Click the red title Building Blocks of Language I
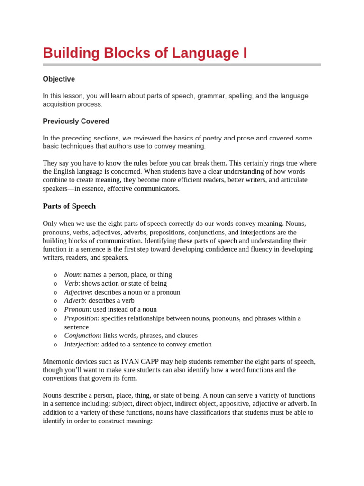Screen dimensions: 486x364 click(x=145, y=53)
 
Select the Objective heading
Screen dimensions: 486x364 click(x=59, y=79)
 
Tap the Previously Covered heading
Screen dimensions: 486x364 click(x=76, y=121)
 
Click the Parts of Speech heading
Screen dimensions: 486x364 click(x=69, y=206)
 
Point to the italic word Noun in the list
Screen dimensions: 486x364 click(x=72, y=275)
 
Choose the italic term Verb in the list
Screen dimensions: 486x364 click(x=71, y=283)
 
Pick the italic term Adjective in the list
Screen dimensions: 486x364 click(x=77, y=292)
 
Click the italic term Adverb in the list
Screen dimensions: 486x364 click(x=74, y=301)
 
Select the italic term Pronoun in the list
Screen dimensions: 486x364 click(x=77, y=309)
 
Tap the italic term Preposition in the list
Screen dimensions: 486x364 click(x=81, y=318)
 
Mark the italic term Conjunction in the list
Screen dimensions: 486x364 click(x=82, y=336)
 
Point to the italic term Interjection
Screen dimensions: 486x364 click(x=81, y=344)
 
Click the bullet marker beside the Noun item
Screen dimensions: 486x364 click(x=55, y=275)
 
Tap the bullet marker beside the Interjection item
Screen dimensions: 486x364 click(x=55, y=345)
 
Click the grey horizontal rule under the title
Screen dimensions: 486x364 click(x=182, y=65)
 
